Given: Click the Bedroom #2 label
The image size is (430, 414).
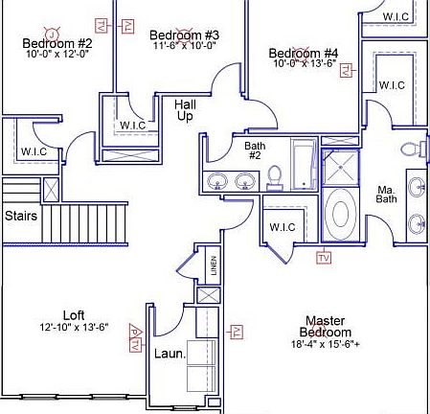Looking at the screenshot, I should pyautogui.click(x=57, y=43).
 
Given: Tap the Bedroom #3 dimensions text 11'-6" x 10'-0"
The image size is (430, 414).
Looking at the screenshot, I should pyautogui.click(x=183, y=45).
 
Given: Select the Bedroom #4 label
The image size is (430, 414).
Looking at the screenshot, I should pyautogui.click(x=304, y=53).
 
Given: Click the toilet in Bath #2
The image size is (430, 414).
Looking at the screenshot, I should pyautogui.click(x=274, y=177).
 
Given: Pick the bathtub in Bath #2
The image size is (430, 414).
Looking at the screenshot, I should pyautogui.click(x=304, y=164).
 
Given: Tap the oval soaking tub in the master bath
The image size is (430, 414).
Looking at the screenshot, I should pyautogui.click(x=339, y=211).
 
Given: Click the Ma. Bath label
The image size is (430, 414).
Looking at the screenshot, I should pyautogui.click(x=385, y=194).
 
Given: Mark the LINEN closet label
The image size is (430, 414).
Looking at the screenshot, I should pyautogui.click(x=214, y=264).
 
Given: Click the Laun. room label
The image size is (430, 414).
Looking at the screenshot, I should pyautogui.click(x=170, y=353).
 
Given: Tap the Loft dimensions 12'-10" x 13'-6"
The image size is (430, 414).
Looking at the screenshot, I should pyautogui.click(x=74, y=327).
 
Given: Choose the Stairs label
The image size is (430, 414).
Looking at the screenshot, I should pyautogui.click(x=20, y=216).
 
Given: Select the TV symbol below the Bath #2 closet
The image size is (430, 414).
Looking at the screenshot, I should pyautogui.click(x=323, y=258).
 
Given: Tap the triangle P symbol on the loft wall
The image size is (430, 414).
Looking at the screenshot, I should pyautogui.click(x=135, y=337).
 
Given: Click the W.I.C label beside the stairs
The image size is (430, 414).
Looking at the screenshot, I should pyautogui.click(x=33, y=151).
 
